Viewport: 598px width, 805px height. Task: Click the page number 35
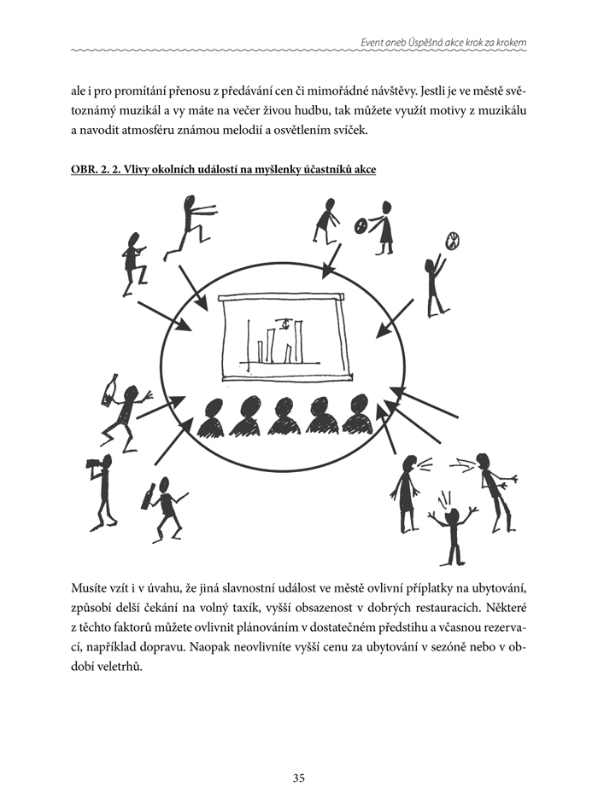click(x=298, y=778)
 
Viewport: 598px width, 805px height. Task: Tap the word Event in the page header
click(x=374, y=44)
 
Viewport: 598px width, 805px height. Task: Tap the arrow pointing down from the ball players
click(x=331, y=261)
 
